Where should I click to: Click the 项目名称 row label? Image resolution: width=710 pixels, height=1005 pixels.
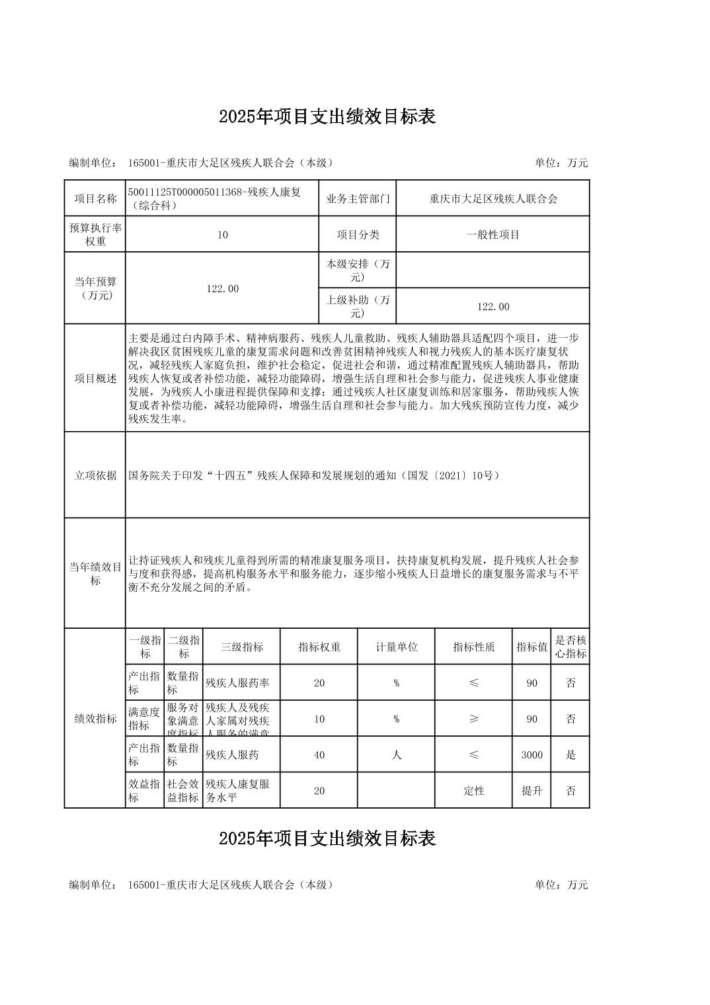(95, 198)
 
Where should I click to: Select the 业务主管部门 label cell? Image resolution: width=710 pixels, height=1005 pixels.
(358, 198)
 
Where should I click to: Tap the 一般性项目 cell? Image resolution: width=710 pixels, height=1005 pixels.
(493, 235)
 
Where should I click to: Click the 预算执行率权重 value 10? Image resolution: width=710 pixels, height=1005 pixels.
(222, 235)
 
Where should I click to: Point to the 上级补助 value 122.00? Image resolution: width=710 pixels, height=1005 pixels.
(493, 306)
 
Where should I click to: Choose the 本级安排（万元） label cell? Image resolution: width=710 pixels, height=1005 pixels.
(358, 270)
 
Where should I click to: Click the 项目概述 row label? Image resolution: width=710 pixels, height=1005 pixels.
(95, 378)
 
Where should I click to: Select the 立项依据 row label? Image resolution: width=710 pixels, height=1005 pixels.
(95, 475)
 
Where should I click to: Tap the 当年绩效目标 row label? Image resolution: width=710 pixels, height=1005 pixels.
(95, 573)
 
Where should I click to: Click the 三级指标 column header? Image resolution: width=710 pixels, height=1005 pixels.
(241, 647)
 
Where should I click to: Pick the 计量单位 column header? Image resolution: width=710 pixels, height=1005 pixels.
(396, 647)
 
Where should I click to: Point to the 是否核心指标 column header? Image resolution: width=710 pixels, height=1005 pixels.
(571, 647)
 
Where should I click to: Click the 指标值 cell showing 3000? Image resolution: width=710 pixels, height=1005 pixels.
(532, 754)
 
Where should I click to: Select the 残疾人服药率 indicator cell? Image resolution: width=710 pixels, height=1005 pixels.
(241, 683)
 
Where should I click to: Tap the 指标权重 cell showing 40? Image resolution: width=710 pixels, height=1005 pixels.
(319, 754)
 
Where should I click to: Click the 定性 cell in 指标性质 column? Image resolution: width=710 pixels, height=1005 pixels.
(474, 790)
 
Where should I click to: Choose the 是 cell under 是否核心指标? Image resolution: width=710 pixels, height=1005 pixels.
(571, 754)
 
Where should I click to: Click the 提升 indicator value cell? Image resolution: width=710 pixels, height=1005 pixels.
(532, 790)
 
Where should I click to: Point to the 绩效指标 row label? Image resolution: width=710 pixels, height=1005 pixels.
(95, 719)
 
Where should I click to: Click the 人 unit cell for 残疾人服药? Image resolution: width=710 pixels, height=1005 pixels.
(396, 754)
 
